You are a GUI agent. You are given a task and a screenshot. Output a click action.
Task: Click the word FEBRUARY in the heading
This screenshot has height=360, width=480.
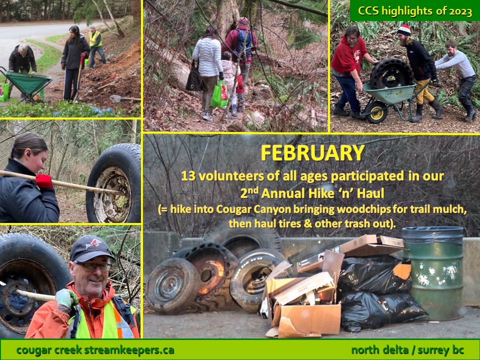[x=312, y=152]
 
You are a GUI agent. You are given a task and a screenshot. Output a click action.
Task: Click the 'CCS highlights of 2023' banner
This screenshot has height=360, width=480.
[x=415, y=11]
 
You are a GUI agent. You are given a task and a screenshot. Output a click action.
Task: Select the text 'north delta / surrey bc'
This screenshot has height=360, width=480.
[x=407, y=350]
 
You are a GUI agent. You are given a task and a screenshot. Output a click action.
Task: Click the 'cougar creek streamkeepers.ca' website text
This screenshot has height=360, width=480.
[x=95, y=350]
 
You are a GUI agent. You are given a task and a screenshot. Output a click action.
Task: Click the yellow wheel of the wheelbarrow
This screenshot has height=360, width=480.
[x=376, y=112]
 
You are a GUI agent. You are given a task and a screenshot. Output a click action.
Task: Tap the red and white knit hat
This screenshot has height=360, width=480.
[x=404, y=30]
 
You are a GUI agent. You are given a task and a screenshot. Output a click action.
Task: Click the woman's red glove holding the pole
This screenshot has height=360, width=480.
[x=44, y=180]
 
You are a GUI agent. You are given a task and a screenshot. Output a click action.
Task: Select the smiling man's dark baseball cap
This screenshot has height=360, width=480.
[x=90, y=248]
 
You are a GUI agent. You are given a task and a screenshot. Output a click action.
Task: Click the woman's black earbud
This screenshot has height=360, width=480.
[x=28, y=154]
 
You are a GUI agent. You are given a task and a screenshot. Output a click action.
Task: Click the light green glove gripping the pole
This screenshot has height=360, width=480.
[x=65, y=298]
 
